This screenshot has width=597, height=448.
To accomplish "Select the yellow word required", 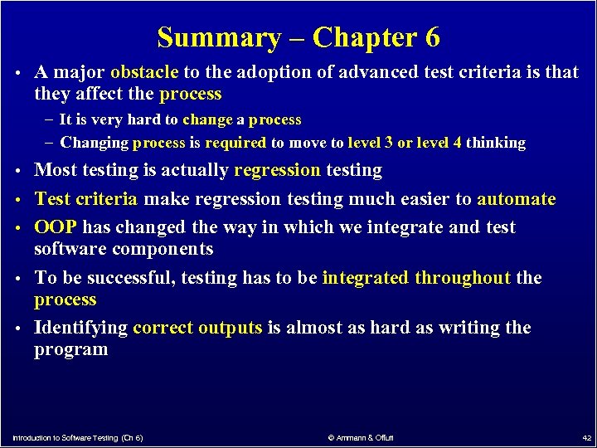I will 235,143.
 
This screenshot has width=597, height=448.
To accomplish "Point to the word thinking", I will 496,143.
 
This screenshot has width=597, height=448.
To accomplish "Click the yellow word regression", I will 277,171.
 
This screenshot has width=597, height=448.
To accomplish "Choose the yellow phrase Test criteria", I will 86,199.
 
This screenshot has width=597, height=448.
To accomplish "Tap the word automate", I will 517,199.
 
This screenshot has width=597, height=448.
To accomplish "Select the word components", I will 163,249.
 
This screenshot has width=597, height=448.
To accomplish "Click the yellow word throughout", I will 463,278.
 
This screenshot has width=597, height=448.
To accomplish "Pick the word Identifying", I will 80,328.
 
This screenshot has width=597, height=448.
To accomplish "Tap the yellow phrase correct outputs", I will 197,328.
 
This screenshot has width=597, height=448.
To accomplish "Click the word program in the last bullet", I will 70,349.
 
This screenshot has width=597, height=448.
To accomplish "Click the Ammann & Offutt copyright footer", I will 361,437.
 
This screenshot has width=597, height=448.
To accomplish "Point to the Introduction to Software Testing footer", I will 77,437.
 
